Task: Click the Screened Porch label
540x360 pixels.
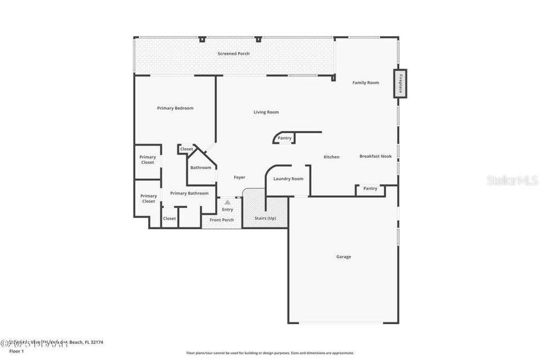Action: (234, 54)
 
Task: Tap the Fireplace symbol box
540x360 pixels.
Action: (400, 83)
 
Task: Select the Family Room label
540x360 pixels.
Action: (365, 83)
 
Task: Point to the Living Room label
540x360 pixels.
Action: (266, 112)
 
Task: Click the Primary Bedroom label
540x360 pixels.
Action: (175, 108)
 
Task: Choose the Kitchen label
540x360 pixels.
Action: (331, 157)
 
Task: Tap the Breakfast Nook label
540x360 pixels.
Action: (375, 157)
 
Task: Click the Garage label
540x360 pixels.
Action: (343, 257)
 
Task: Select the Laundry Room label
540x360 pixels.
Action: (288, 179)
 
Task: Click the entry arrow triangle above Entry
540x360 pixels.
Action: (227, 202)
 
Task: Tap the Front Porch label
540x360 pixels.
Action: (221, 220)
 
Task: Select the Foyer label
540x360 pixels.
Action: (239, 178)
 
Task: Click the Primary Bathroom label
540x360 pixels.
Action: (189, 193)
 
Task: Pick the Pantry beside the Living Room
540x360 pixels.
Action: (284, 138)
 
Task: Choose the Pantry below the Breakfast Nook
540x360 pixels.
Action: (370, 189)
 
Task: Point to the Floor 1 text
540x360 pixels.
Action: (17, 351)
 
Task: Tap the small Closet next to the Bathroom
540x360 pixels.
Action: (187, 149)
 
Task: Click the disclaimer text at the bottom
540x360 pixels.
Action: (269, 353)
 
